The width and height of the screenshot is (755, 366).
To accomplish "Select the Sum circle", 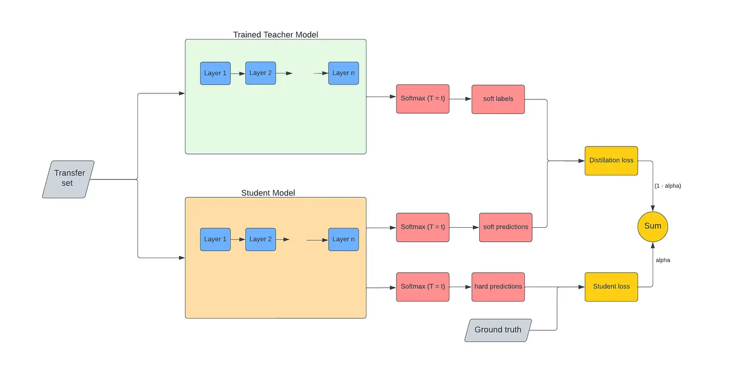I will pos(652,227).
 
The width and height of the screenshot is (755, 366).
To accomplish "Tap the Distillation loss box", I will pos(611,161).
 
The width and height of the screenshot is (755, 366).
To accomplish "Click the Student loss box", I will pos(611,287).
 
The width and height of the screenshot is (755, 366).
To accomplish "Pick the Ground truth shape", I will pos(498,330).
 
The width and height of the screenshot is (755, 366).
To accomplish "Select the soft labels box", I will pos(498,99).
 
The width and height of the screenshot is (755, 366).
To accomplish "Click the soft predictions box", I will pos(505,227).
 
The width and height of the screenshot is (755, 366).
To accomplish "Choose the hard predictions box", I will pos(498,287).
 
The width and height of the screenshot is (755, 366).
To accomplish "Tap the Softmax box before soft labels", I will pos(423,99).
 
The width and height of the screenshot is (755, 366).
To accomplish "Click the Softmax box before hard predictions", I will pos(423,287).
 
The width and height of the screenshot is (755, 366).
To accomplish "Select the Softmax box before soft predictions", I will pos(423,227).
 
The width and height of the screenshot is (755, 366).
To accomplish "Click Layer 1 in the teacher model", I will pos(215,73).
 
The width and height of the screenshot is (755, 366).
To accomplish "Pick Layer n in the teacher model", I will pos(343,73).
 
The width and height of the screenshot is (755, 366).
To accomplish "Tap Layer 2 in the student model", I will pos(260,239).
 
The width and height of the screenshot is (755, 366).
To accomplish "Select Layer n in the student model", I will pos(343,239).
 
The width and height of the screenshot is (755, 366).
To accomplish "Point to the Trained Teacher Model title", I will pos(275,34).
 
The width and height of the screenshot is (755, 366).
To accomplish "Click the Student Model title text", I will pos(268,193).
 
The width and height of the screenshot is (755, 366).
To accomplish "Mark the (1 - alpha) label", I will pos(667,186).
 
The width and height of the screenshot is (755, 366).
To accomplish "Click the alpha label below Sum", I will pos(663,260).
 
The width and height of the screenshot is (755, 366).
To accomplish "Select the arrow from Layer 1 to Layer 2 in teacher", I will pos(238,73).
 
